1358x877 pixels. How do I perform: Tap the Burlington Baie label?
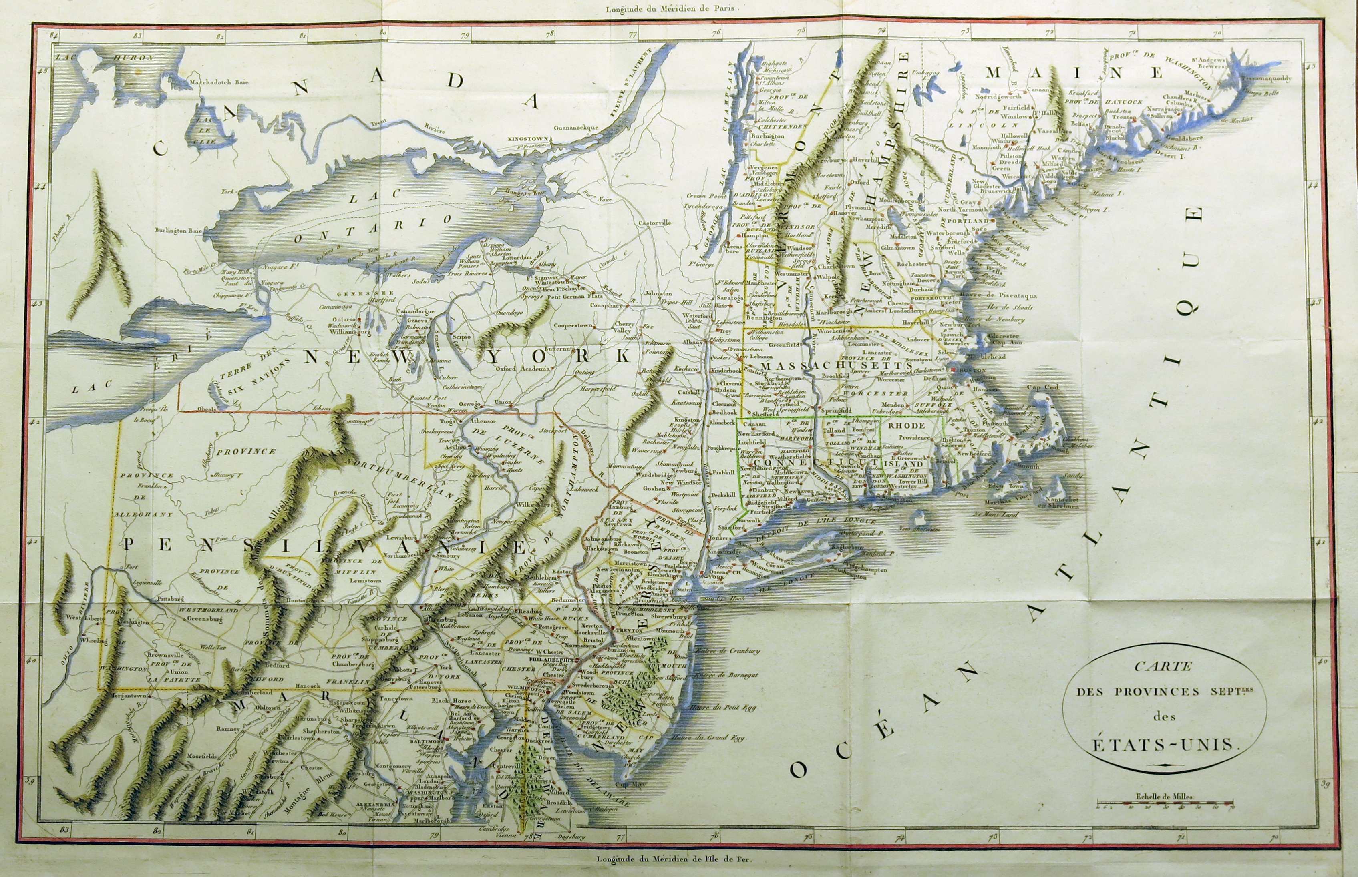coord(179,231)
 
